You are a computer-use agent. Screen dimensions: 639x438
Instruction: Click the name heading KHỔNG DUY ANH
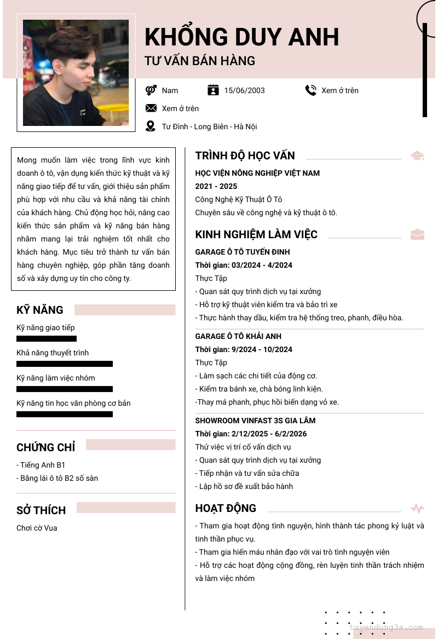click(241, 37)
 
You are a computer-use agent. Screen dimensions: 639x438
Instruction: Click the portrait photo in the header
click(76, 73)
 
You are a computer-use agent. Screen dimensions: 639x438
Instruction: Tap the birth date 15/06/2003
click(244, 90)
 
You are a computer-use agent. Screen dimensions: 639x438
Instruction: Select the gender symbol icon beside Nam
click(151, 90)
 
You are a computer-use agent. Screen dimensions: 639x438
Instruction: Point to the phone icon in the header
click(311, 90)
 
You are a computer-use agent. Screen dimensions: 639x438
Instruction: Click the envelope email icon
click(151, 108)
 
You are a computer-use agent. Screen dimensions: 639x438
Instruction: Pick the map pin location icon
click(151, 126)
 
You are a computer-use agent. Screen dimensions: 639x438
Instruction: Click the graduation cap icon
click(417, 156)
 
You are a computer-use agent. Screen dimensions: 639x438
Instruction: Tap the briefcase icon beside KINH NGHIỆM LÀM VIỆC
click(417, 235)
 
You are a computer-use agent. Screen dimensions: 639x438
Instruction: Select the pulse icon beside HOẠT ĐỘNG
click(417, 509)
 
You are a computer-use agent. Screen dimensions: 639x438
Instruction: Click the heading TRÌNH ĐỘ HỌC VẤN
click(245, 156)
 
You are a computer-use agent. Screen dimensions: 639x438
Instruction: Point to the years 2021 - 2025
click(216, 186)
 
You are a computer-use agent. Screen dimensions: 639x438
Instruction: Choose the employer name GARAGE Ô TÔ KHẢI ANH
click(238, 336)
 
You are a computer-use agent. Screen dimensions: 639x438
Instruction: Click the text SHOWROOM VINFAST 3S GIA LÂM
click(255, 421)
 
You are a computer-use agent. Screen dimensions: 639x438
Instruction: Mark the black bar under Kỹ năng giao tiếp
click(47, 339)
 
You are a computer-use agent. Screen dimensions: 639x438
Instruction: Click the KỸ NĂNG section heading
click(40, 310)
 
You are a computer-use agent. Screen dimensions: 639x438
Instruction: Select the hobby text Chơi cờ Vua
click(37, 528)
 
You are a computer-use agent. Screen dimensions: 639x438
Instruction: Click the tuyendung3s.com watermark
click(386, 628)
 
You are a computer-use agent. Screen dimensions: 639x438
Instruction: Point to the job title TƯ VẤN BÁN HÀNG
click(200, 61)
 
